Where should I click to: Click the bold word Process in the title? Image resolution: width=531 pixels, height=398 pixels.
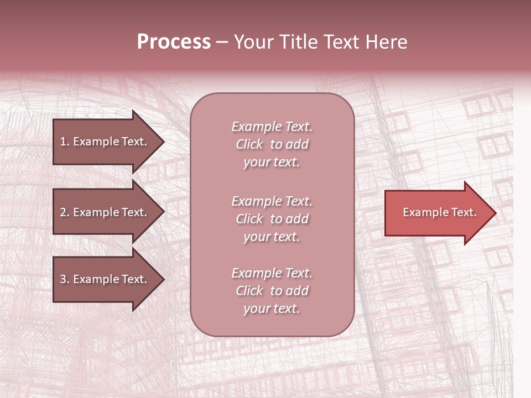[174, 42]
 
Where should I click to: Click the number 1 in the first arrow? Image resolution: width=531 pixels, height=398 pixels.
[63, 142]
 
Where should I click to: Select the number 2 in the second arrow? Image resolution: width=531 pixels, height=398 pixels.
[63, 212]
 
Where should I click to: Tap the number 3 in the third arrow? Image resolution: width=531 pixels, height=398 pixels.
[63, 279]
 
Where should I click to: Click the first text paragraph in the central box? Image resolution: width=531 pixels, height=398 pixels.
[272, 144]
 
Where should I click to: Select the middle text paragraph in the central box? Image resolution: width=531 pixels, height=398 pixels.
[272, 219]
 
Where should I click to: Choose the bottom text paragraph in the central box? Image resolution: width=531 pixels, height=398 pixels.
[272, 291]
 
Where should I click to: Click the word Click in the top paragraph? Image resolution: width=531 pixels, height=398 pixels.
[249, 145]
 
